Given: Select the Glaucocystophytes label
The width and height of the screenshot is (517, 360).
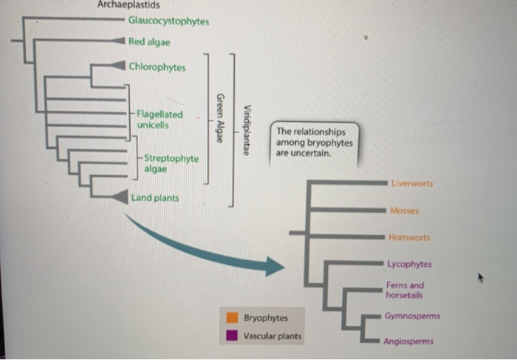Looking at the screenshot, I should click(168, 21).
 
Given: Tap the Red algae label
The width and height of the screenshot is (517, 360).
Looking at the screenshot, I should click(149, 42).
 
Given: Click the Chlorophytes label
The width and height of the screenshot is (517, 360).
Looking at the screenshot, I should click(157, 67).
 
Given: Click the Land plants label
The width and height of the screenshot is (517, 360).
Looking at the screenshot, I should click(154, 197).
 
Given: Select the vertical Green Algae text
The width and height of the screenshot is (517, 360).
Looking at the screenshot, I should click(219, 121).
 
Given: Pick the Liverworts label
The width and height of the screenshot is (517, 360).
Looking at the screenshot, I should click(413, 183).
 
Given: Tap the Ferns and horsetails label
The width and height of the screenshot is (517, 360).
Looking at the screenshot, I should click(405, 290).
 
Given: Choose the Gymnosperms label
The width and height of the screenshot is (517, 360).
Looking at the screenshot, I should click(412, 316).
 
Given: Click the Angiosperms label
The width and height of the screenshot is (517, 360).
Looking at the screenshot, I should click(408, 342).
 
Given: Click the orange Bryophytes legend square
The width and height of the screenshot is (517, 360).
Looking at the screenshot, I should click(232, 318).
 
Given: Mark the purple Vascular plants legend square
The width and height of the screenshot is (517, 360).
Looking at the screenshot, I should click(232, 336).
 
